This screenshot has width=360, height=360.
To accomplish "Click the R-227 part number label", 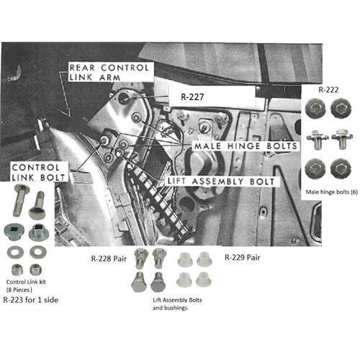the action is pyautogui.click(x=192, y=96).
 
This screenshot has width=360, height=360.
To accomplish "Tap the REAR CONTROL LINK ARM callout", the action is pyautogui.click(x=109, y=72).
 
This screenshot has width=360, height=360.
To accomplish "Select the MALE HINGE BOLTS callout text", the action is pyautogui.click(x=246, y=145).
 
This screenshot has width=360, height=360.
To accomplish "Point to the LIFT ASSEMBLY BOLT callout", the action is pyautogui.click(x=221, y=181).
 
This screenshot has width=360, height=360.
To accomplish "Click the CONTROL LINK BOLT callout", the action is pyautogui.click(x=38, y=172).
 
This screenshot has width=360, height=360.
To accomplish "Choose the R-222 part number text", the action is pyautogui.click(x=328, y=90).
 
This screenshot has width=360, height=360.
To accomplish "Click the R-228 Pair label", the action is pyautogui.click(x=109, y=258).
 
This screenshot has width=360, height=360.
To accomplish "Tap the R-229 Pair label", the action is pyautogui.click(x=243, y=258).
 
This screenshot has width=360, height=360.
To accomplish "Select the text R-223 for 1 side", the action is pyautogui.click(x=31, y=300).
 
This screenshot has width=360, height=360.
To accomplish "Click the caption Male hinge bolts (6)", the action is pyautogui.click(x=331, y=192).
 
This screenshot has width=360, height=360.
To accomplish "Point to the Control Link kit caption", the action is pyautogui.click(x=26, y=282).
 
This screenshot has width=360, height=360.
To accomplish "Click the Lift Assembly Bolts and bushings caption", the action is pyautogui.click(x=177, y=304).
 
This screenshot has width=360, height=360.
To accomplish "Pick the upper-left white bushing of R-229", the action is pyautogui.click(x=185, y=260).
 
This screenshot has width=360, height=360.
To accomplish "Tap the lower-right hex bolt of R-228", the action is pyautogui.click(x=158, y=282).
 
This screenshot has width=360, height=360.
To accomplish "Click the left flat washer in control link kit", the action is pyautogui.click(x=15, y=252).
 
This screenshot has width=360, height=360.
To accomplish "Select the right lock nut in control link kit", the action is pyautogui.click(x=36, y=269).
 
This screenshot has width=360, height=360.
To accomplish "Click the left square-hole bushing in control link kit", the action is pyautogui.click(x=13, y=231).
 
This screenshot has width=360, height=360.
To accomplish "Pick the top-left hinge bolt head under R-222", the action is pyautogui.click(x=315, y=109).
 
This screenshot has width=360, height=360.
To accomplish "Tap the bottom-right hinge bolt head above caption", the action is pyautogui.click(x=341, y=168).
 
